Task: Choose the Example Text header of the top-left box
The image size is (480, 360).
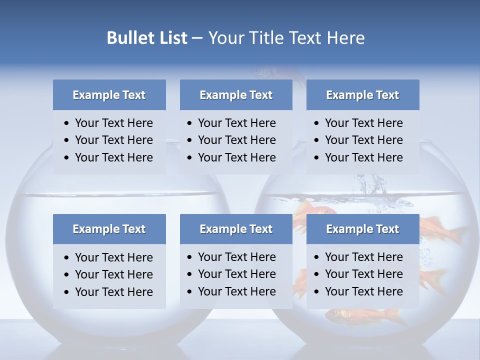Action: [109, 95]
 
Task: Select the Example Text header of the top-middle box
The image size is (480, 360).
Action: [236, 95]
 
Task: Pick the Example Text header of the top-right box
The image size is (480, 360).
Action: [362, 95]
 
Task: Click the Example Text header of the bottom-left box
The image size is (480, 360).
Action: [109, 229]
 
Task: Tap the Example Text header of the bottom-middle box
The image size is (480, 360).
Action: [236, 229]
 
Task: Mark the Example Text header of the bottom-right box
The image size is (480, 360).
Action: [362, 229]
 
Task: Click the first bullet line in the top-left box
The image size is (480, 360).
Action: [113, 123]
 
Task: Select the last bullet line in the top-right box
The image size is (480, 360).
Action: [363, 157]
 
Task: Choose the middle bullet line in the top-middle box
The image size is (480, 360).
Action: [236, 140]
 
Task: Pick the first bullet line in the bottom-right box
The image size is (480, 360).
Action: [363, 257]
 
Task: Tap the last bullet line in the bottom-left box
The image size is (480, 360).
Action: [113, 292]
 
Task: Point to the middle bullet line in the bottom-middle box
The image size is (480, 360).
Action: [236, 274]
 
